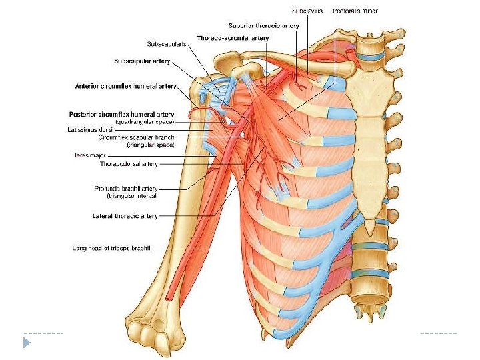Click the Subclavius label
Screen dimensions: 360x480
pos(309,11)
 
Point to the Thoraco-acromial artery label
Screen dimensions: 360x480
pos(233,38)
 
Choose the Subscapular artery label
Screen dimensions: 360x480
pos(142,61)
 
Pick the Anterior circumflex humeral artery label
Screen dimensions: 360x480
pos(125,86)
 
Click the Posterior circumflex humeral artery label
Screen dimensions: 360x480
pos(121,114)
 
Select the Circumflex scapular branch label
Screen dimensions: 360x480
pos(136,137)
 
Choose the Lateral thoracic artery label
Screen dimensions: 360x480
pos(125,216)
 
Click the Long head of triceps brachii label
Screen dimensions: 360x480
pos(111,248)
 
